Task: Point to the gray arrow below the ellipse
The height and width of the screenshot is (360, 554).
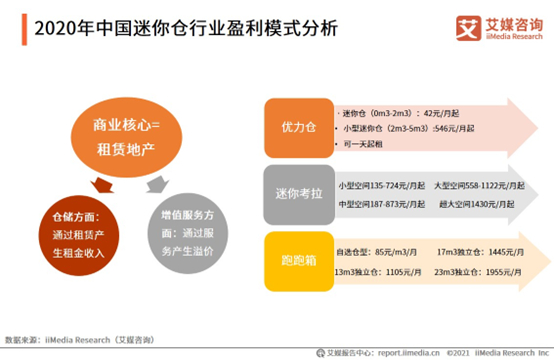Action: tap(152, 185)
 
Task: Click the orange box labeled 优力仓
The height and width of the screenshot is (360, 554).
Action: tap(298, 128)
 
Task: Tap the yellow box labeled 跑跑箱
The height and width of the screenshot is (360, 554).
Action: tap(298, 259)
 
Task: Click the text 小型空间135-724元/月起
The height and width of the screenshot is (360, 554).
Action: tap(381, 185)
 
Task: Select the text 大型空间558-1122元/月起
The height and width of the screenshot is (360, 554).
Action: tap(469, 185)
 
